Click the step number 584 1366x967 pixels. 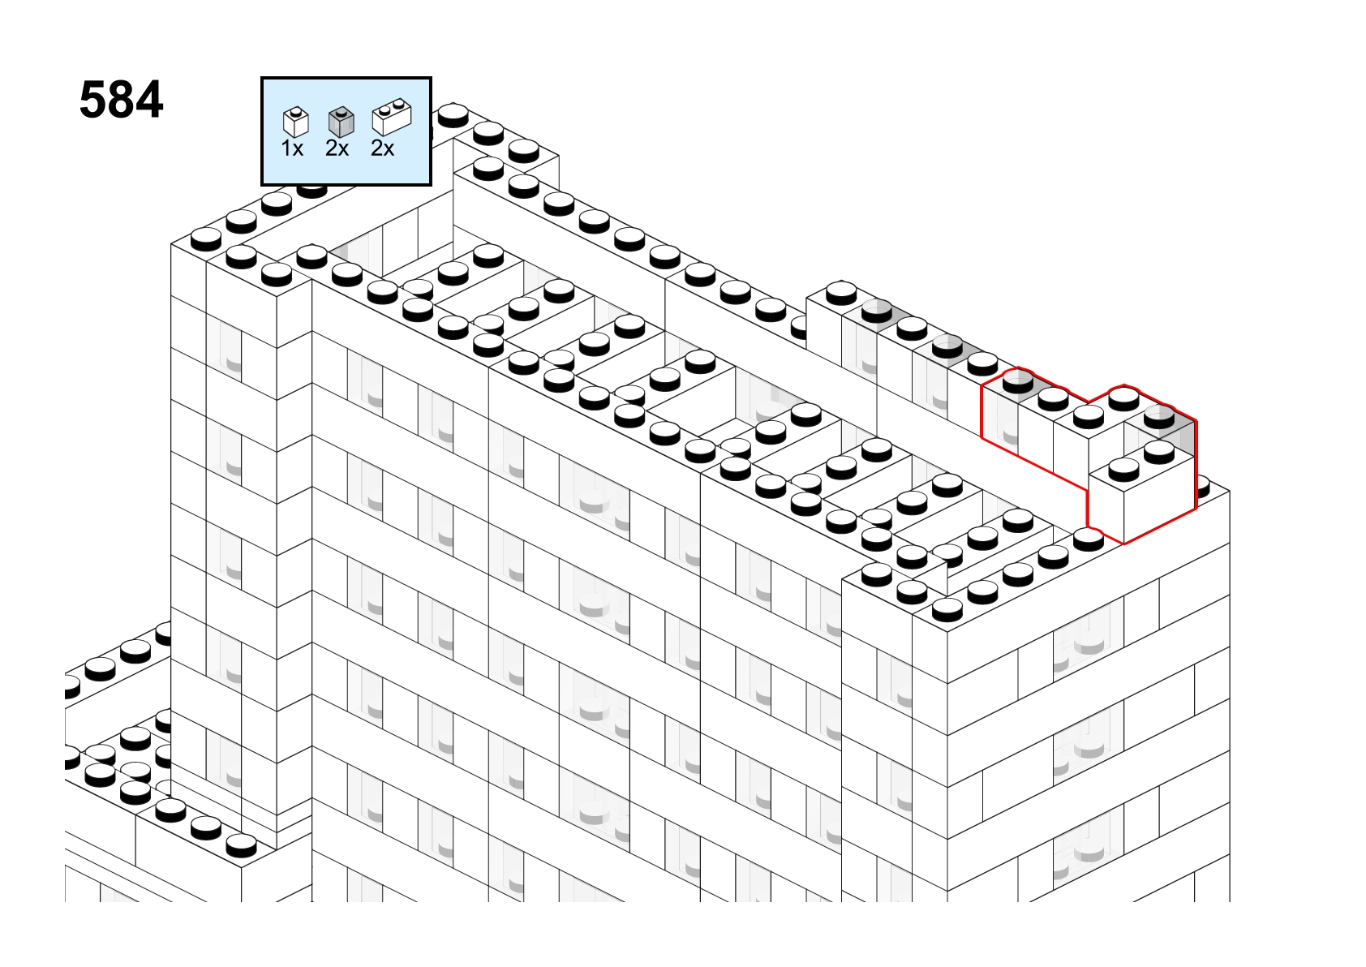(x=122, y=100)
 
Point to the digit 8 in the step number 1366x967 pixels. (x=121, y=100)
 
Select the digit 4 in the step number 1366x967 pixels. (x=149, y=100)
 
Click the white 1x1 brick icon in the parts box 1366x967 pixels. (x=296, y=122)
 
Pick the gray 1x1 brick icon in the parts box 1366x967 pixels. (x=341, y=122)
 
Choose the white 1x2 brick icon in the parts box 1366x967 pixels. (x=392, y=117)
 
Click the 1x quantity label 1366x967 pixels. (x=292, y=148)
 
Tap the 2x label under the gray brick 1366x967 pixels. (x=337, y=148)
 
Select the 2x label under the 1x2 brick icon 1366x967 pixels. (x=382, y=148)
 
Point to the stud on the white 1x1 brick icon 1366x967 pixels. (x=296, y=112)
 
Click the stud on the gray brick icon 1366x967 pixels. (x=341, y=112)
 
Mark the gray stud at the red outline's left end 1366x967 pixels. (x=1018, y=383)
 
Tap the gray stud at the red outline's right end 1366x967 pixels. (x=1159, y=419)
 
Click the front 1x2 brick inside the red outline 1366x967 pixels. (x=1141, y=495)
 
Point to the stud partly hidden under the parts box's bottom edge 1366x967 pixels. (x=311, y=190)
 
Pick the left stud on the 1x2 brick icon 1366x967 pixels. (x=384, y=111)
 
